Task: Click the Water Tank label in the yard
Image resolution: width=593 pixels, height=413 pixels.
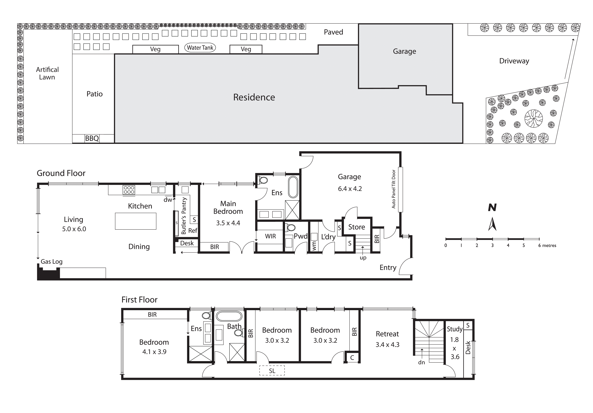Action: click(200, 48)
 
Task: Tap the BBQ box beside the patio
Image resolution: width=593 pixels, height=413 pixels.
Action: click(92, 139)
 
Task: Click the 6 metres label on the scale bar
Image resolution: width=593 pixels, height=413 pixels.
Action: click(547, 246)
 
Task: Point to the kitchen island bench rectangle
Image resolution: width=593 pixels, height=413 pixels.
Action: click(136, 221)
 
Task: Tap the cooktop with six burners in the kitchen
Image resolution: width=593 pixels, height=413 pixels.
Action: click(129, 190)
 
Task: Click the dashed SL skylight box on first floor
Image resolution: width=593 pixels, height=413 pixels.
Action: click(272, 371)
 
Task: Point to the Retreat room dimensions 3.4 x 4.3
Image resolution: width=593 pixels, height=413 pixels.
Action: click(387, 345)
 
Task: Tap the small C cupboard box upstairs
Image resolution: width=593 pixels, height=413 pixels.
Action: click(352, 358)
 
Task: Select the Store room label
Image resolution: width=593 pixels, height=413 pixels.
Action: click(356, 227)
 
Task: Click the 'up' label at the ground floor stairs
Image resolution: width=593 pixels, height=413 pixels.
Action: click(363, 258)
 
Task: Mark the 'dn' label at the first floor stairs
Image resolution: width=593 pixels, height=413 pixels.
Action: click(421, 362)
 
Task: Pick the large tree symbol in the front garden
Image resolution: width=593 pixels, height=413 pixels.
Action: click(534, 119)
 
